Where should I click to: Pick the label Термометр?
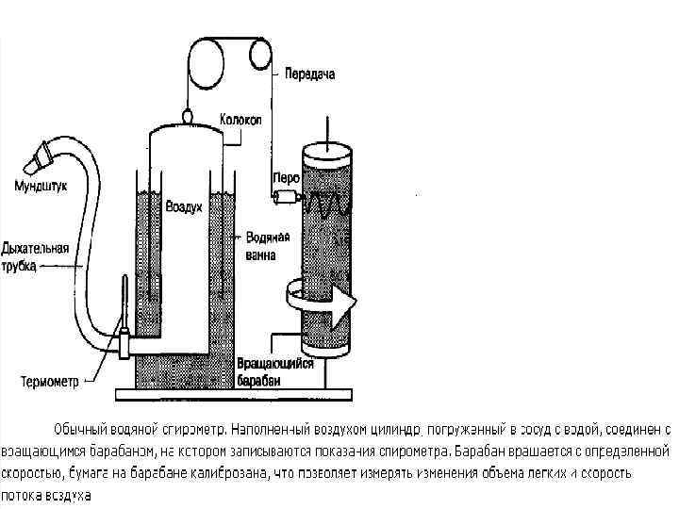pos(50,382)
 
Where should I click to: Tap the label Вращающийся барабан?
pos(274,370)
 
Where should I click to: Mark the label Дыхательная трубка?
pos(34,258)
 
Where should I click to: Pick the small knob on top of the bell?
pos(187,115)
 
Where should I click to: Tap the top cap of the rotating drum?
pos(326,148)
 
